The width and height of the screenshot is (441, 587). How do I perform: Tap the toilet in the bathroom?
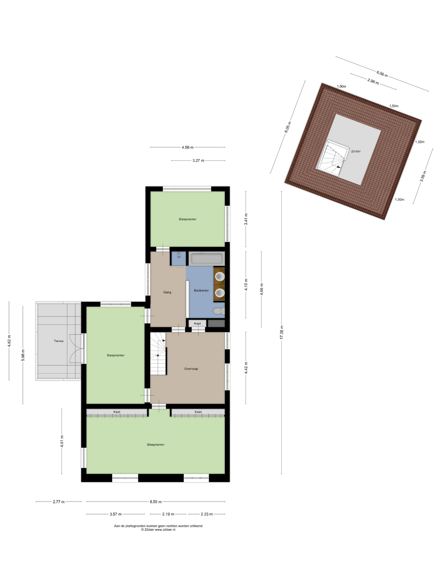point(218,311)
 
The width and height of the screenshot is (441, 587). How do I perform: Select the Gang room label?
point(167,292)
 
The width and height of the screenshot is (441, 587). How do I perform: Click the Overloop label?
point(191,369)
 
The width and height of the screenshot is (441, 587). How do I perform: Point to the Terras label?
point(59,341)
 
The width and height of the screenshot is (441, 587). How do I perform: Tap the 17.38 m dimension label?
point(282,332)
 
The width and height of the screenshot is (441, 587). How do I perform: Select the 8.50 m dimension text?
point(156,502)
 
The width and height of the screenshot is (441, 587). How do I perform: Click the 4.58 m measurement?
point(188,147)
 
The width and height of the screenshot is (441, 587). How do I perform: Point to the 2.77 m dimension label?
point(59,502)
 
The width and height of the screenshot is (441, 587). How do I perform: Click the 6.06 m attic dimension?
point(382,74)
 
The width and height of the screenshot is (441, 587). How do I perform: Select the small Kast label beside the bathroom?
point(197,324)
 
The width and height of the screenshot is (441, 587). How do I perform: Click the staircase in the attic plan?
point(332,158)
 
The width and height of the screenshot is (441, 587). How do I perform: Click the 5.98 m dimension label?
point(23,355)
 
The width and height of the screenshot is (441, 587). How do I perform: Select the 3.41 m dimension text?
point(246,219)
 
